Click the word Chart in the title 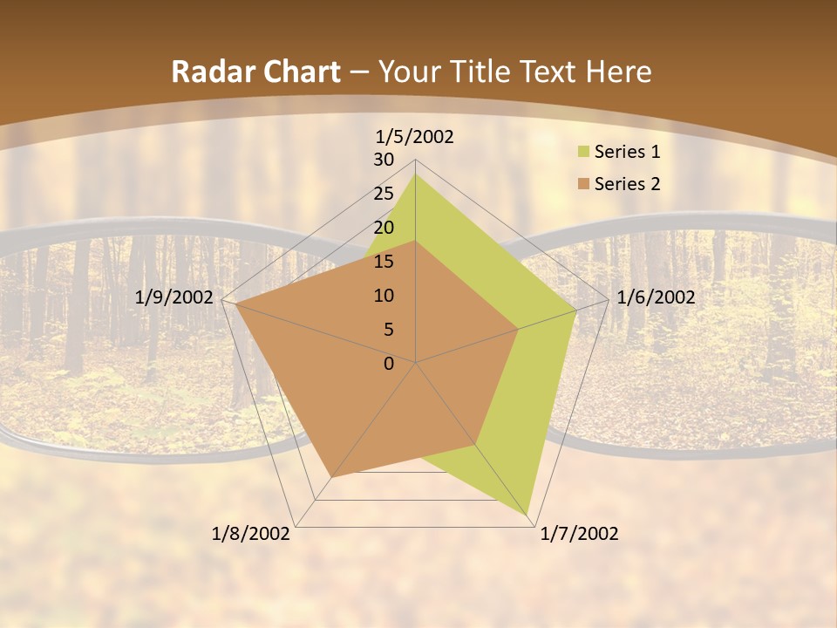point(298,72)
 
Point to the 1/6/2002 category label point(656,297)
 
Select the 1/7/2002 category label point(580,534)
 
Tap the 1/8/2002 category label point(251,534)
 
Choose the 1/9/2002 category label point(174,297)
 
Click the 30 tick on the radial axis point(384,160)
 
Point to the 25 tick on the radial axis point(384,194)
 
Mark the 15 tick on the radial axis point(384,262)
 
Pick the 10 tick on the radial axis point(384,296)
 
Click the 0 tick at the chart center point(389,364)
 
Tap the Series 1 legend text point(627,153)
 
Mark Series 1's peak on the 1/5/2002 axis point(415,174)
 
